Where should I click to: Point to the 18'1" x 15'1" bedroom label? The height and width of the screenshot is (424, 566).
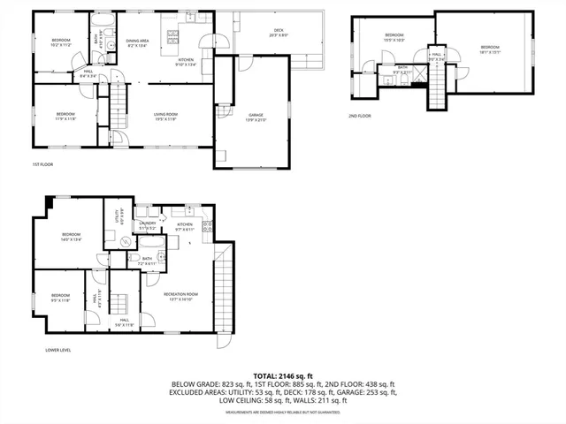pos(490,49)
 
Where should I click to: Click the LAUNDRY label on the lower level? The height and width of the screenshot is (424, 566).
pos(147,225)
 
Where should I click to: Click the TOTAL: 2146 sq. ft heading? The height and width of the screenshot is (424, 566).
pos(283,375)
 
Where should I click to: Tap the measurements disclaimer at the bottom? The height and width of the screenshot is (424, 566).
pos(283,413)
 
